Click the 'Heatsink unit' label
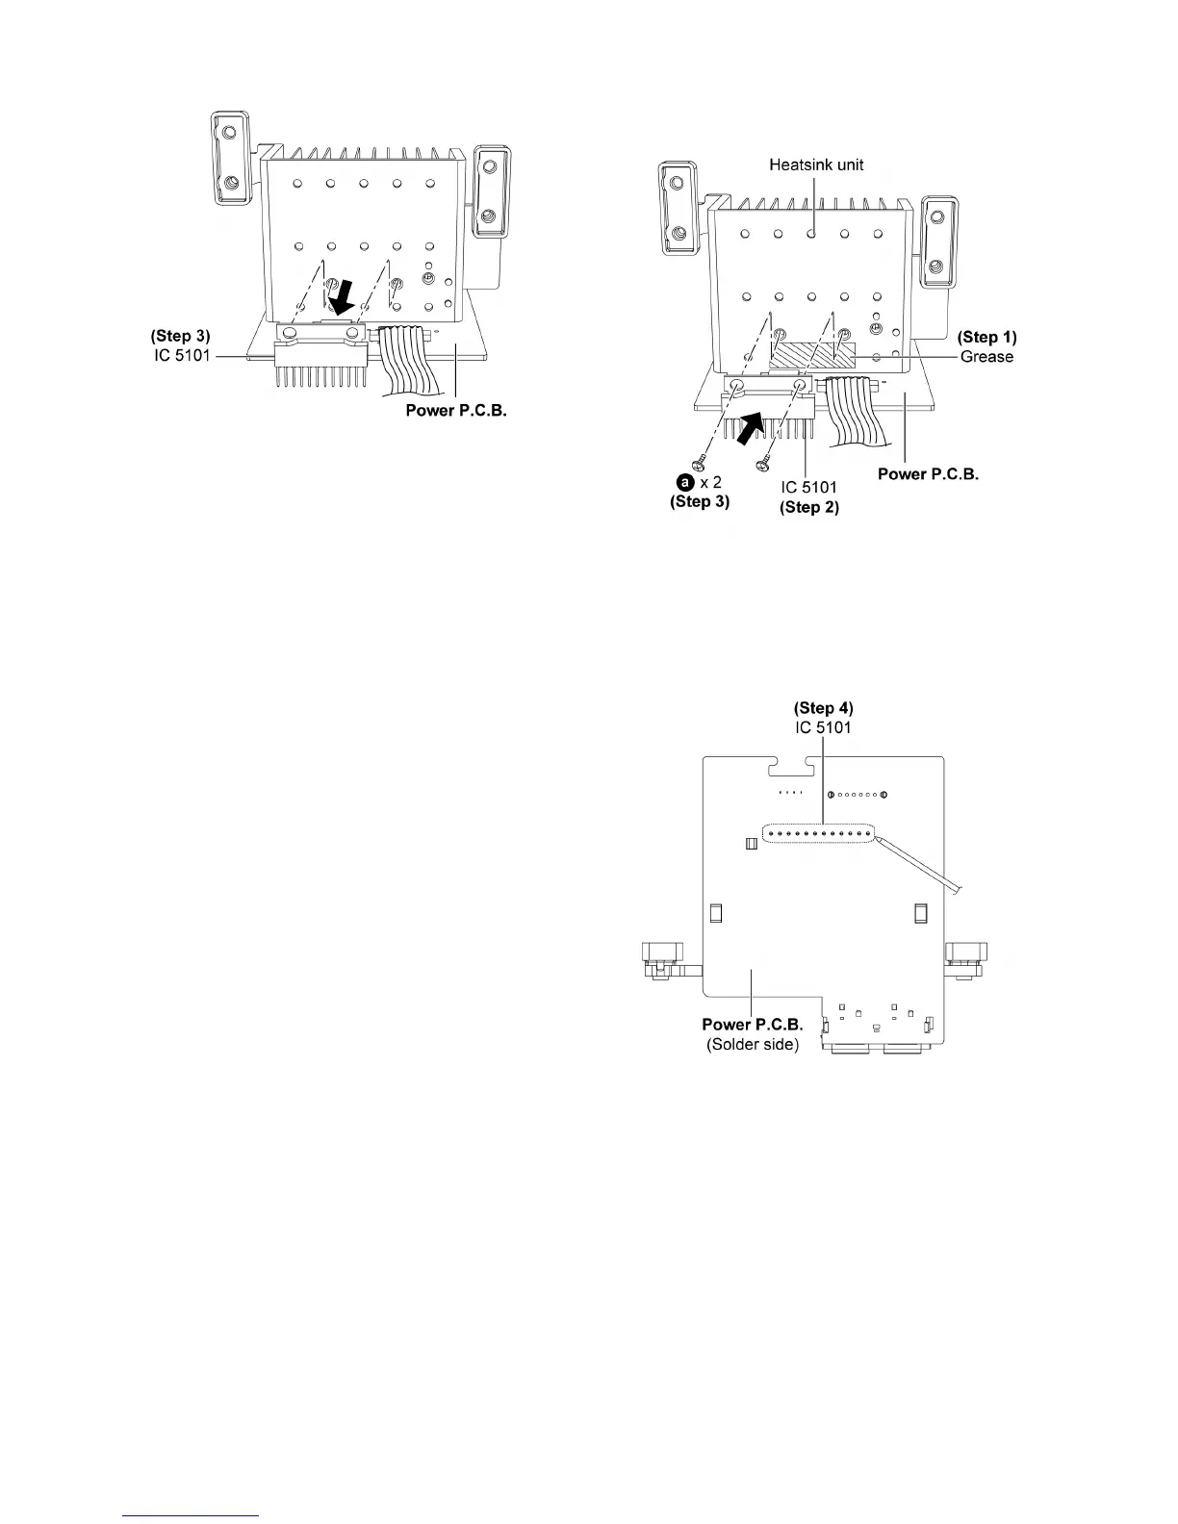point(816,165)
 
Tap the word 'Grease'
point(986,357)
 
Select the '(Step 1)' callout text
point(986,338)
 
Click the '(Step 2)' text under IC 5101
point(808,507)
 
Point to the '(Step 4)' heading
point(823,709)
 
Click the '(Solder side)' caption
point(753,1044)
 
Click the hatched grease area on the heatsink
point(813,354)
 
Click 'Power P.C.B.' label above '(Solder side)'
point(753,1025)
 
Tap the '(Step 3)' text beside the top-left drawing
point(180,337)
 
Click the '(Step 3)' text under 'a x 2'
point(700,501)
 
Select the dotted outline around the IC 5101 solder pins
point(819,833)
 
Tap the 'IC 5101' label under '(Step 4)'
point(823,727)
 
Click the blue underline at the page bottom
point(192,1515)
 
